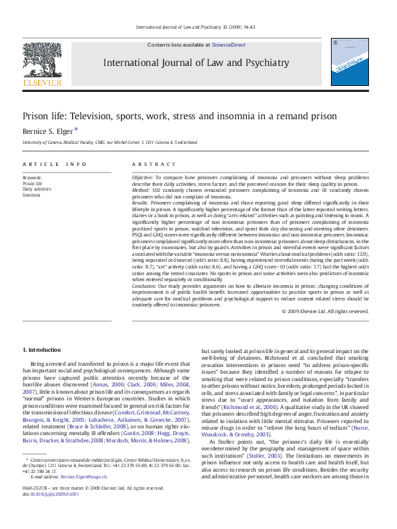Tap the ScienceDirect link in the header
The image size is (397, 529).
(229, 45)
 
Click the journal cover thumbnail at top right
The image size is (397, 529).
(349, 66)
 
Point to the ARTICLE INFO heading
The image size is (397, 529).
(54, 164)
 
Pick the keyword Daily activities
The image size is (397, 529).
(37, 189)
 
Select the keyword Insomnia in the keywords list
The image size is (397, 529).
(31, 195)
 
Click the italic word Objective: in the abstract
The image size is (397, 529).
(142, 179)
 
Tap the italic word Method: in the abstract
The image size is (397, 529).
(141, 191)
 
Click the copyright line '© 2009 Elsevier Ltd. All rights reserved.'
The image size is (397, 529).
(325, 311)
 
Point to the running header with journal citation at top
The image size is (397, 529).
(198, 28)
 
